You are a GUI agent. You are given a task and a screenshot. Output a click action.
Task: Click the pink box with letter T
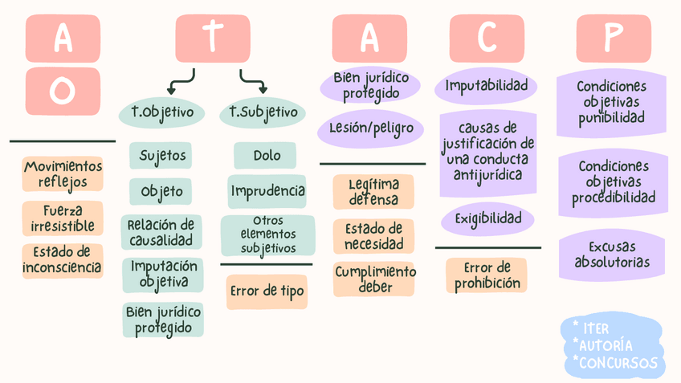tap(212, 39)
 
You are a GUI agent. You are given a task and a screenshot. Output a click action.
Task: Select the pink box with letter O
tap(63, 91)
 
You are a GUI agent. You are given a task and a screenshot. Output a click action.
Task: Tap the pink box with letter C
tap(487, 39)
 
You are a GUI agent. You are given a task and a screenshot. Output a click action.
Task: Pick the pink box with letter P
tap(614, 39)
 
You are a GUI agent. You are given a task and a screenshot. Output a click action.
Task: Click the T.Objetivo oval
tap(161, 112)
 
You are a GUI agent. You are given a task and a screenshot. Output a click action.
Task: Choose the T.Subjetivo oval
tap(263, 112)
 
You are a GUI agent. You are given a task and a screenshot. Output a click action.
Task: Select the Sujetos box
tap(161, 155)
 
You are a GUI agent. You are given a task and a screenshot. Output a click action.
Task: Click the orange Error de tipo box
tap(267, 291)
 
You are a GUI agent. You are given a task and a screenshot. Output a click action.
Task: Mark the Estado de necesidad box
tap(373, 236)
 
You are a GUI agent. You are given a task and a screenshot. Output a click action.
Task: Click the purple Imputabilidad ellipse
tap(486, 86)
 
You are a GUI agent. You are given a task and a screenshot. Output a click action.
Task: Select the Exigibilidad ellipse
tap(487, 218)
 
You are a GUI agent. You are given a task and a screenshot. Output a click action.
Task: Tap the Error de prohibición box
tap(487, 275)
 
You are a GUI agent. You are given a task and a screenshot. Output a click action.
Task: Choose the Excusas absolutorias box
tap(613, 255)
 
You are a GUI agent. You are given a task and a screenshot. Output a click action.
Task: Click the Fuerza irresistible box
tap(63, 218)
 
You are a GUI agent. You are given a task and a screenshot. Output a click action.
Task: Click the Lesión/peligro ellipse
tap(371, 128)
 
